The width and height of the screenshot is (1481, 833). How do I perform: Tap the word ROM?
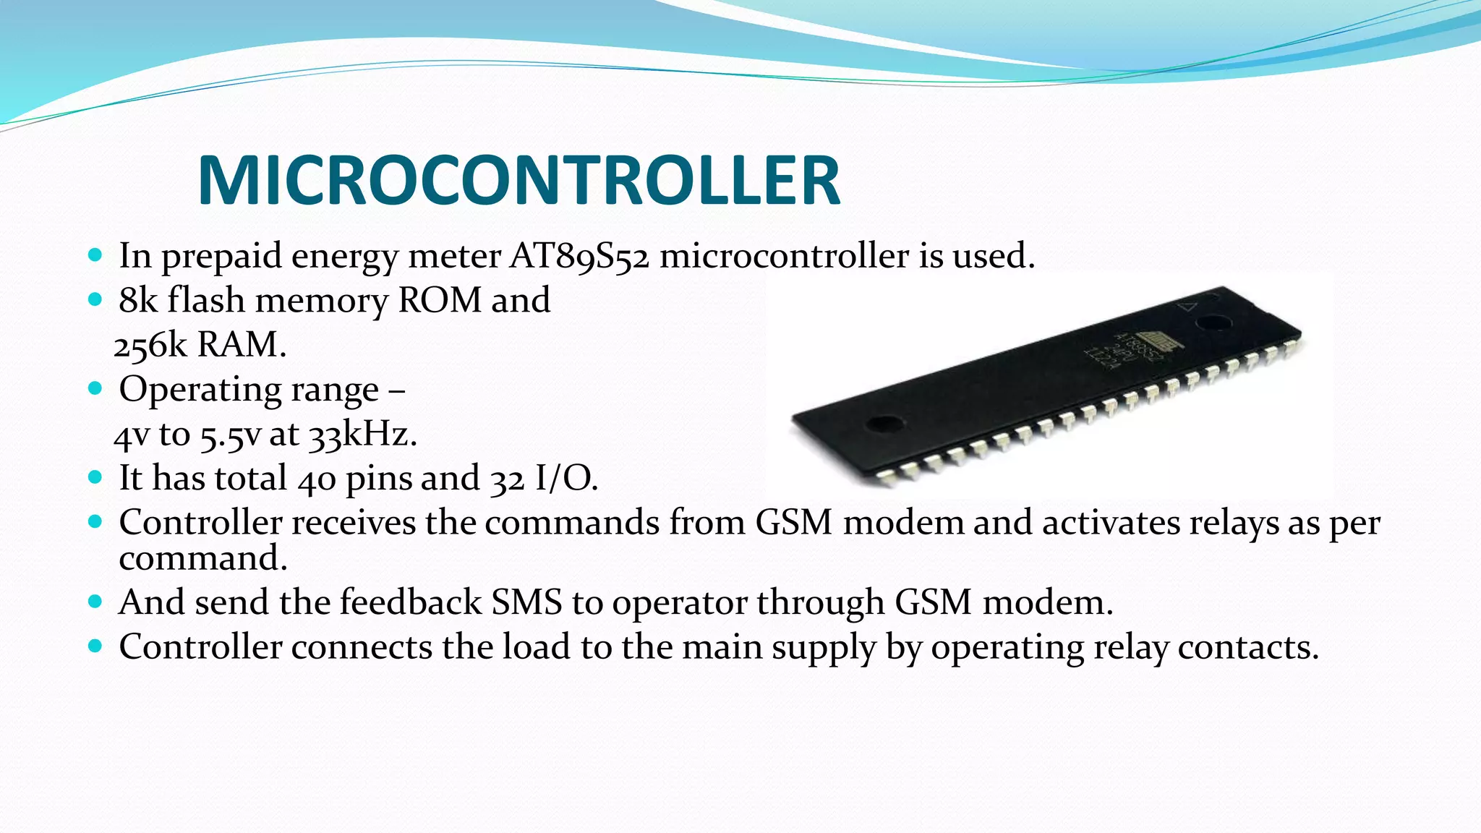440,300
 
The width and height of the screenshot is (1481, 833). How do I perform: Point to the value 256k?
150,345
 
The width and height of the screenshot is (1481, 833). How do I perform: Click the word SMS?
526,602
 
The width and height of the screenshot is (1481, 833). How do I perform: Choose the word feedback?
411,602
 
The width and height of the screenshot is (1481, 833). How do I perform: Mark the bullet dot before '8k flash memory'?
95,299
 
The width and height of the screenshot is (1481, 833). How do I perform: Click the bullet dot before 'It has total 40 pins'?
95,477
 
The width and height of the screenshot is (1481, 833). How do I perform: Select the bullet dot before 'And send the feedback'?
95,602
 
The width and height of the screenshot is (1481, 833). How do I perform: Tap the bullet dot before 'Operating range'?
95,388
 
